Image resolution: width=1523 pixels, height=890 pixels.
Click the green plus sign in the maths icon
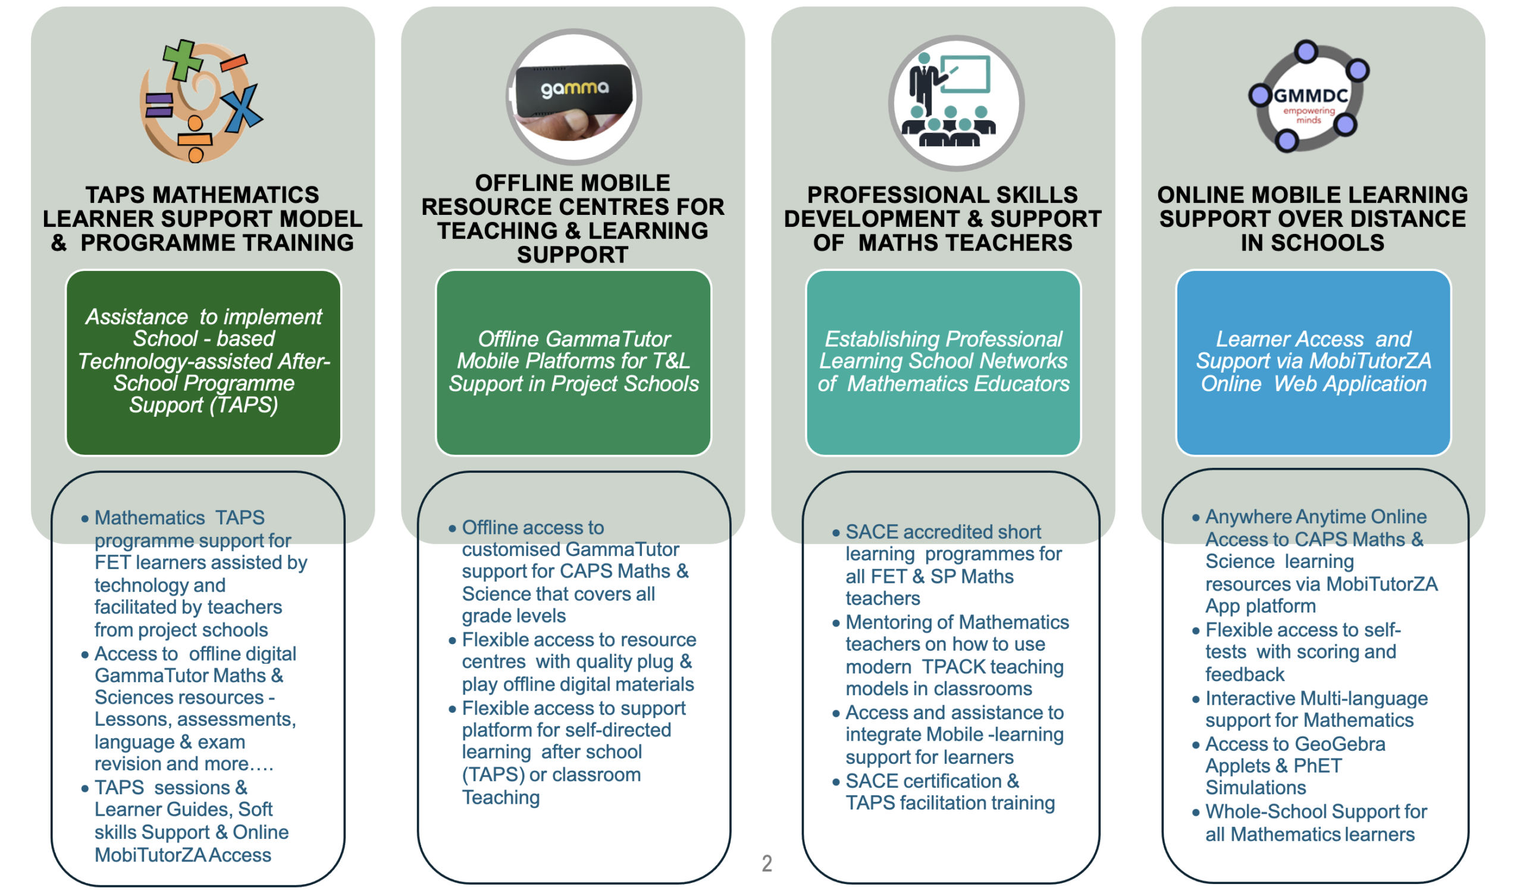(x=182, y=60)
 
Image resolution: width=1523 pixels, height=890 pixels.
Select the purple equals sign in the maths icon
(x=159, y=105)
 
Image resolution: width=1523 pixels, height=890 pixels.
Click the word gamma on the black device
(x=574, y=89)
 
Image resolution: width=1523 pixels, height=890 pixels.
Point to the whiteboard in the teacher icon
(x=965, y=74)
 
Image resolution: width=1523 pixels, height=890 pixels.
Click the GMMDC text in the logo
(x=1311, y=95)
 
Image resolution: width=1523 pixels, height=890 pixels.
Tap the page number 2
(x=766, y=863)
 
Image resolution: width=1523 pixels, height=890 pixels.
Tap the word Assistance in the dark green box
(x=137, y=317)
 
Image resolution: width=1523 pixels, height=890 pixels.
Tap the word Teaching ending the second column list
(x=501, y=798)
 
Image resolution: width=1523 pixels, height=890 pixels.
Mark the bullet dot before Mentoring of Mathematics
(x=836, y=623)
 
